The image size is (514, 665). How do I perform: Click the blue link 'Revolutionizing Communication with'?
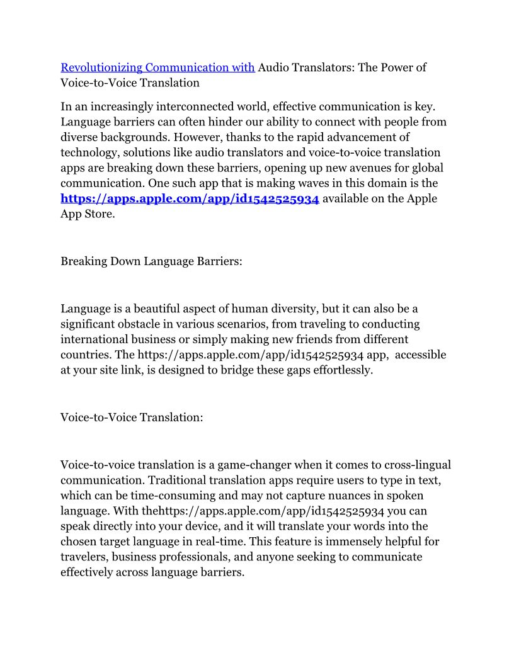coord(157,67)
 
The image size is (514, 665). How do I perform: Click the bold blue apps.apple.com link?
coord(190,198)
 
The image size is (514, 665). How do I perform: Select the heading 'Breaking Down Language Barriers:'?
coord(151,261)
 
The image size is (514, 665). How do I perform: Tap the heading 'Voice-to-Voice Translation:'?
coord(132,417)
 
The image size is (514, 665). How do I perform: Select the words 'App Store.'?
coord(88,213)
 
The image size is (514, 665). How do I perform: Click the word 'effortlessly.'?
coord(338,370)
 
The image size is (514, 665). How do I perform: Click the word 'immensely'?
coord(345,541)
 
